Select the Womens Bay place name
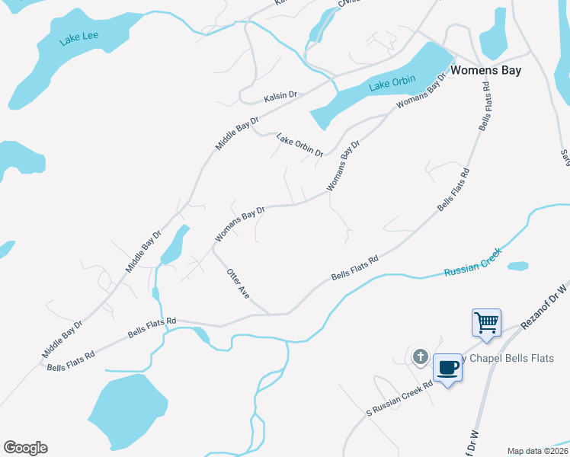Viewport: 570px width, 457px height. pyautogui.click(x=485, y=70)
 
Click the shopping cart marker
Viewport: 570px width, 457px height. pyautogui.click(x=486, y=321)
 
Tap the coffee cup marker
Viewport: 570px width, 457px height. pyautogui.click(x=447, y=368)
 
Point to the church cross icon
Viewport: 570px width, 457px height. pyautogui.click(x=419, y=356)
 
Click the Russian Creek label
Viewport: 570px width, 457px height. pyautogui.click(x=472, y=260)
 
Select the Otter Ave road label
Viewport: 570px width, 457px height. pyautogui.click(x=238, y=283)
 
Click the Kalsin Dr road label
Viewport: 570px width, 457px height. pyautogui.click(x=280, y=97)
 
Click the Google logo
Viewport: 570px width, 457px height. pyautogui.click(x=25, y=448)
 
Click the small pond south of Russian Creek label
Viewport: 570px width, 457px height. pyautogui.click(x=517, y=266)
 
